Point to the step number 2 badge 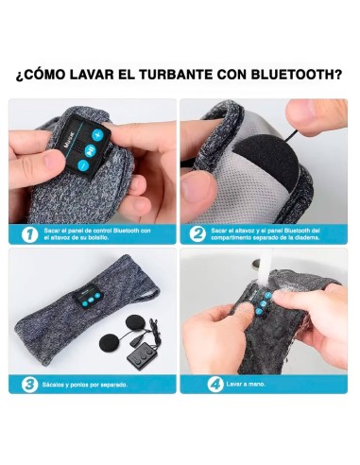click(x=197, y=233)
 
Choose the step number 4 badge click(x=197, y=385)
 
